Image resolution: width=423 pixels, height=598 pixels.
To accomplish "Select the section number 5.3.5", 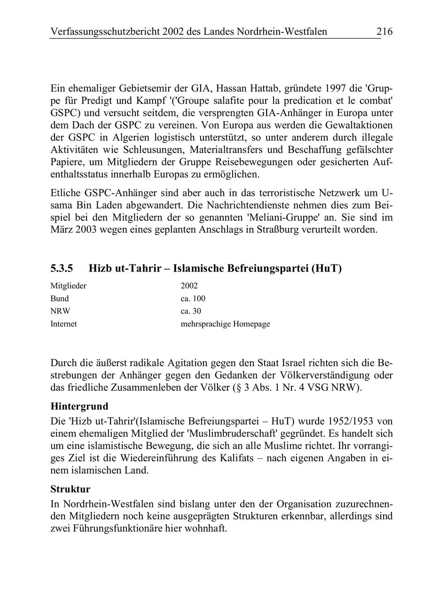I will click(x=62, y=269).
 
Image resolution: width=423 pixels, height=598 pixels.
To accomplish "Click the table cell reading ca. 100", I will click(x=193, y=298).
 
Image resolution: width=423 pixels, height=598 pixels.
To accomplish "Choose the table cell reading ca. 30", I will click(x=191, y=311).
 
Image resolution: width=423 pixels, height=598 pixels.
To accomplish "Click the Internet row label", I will click(x=63, y=324).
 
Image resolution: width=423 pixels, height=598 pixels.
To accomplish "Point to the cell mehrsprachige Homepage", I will click(x=225, y=324).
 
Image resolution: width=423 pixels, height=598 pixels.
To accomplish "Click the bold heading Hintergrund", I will click(x=79, y=406).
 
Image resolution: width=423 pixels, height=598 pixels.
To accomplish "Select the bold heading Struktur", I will click(x=70, y=489).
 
